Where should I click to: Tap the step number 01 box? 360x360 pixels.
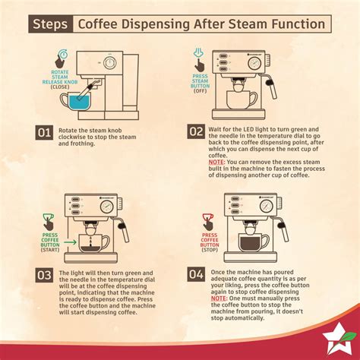click(x=44, y=133)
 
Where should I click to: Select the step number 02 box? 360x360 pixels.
click(x=196, y=133)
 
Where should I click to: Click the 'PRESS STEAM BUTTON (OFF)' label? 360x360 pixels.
click(x=201, y=88)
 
